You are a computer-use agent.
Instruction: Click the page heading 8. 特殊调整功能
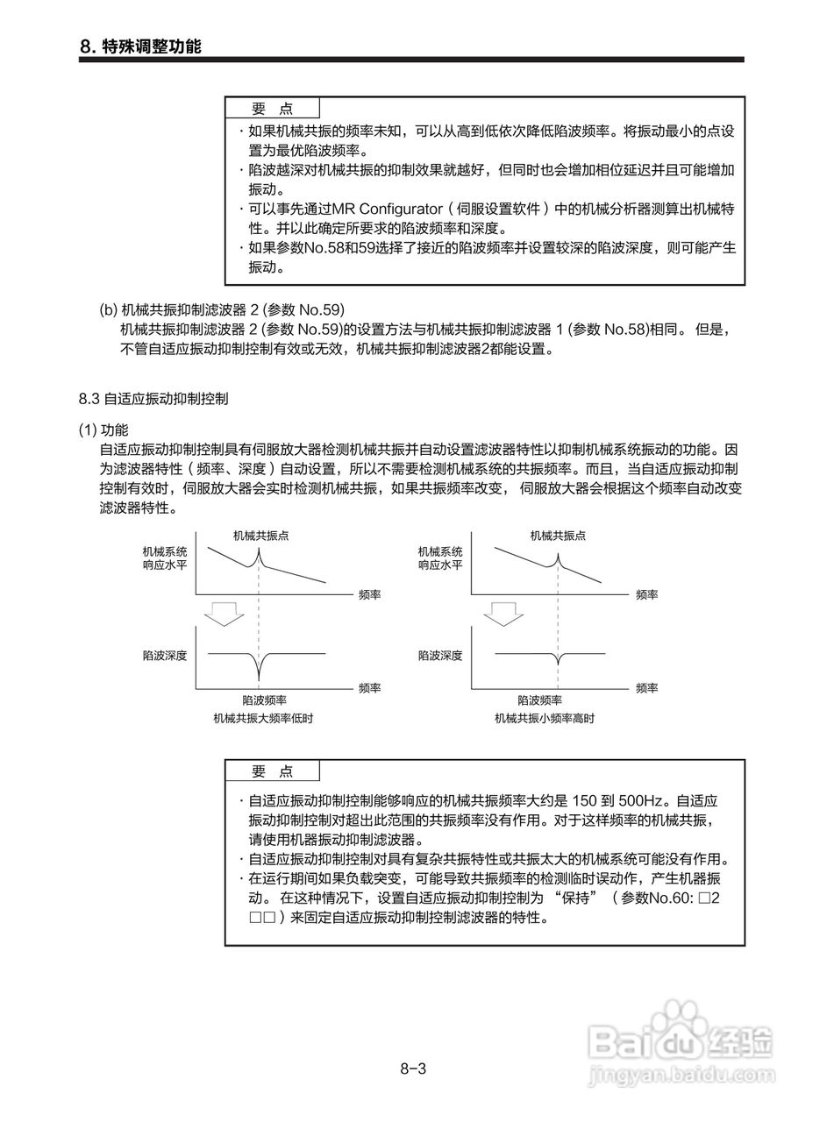[140, 46]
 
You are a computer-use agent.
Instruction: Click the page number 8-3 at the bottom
[413, 1069]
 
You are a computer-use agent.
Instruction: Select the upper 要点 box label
[272, 109]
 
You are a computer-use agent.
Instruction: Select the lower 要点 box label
[272, 771]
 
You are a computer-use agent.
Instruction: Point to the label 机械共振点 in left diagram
[260, 535]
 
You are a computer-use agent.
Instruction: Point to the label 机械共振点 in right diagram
[558, 535]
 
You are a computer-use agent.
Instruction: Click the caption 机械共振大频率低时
[263, 718]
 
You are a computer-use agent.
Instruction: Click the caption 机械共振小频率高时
[544, 718]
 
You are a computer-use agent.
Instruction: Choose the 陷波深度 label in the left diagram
[164, 655]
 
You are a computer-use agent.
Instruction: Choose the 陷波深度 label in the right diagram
[439, 655]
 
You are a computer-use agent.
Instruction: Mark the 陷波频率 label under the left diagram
[264, 700]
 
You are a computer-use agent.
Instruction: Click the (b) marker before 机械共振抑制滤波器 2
[108, 310]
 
